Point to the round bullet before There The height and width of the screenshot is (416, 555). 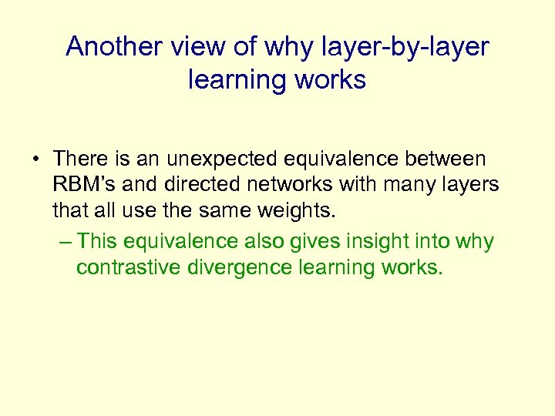click(x=36, y=160)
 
